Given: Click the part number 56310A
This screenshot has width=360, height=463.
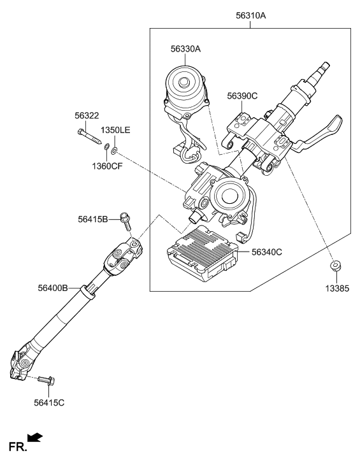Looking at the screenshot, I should coord(250,12).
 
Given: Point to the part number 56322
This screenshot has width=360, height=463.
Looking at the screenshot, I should coord(87,116).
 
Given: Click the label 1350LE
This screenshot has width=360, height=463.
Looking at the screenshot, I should coord(116,130).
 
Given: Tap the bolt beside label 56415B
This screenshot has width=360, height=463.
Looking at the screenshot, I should coord(126,221).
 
